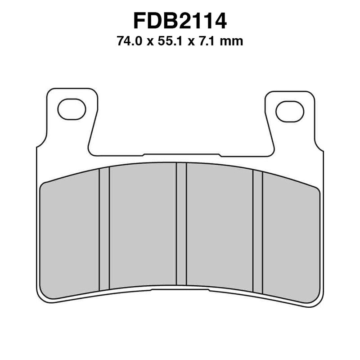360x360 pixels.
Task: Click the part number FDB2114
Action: click(180, 21)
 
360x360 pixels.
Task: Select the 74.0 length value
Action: click(129, 42)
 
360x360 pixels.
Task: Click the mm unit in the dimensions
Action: click(234, 42)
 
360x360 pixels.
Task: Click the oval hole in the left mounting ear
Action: click(72, 109)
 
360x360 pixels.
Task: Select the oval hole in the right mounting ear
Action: click(289, 111)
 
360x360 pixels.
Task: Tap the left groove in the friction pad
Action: click(104, 229)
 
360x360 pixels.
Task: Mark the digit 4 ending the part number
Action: click(219, 21)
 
